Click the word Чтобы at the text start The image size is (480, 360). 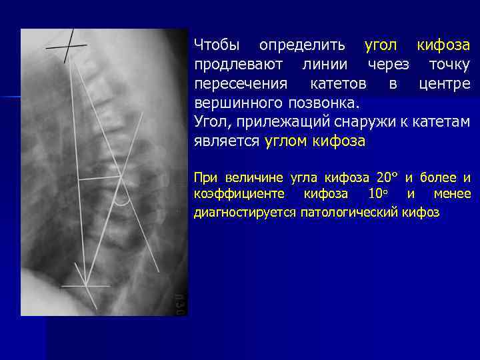click(217, 46)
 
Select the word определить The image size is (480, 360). click(302, 46)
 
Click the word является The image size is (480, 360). click(226, 142)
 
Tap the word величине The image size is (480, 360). click(255, 178)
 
